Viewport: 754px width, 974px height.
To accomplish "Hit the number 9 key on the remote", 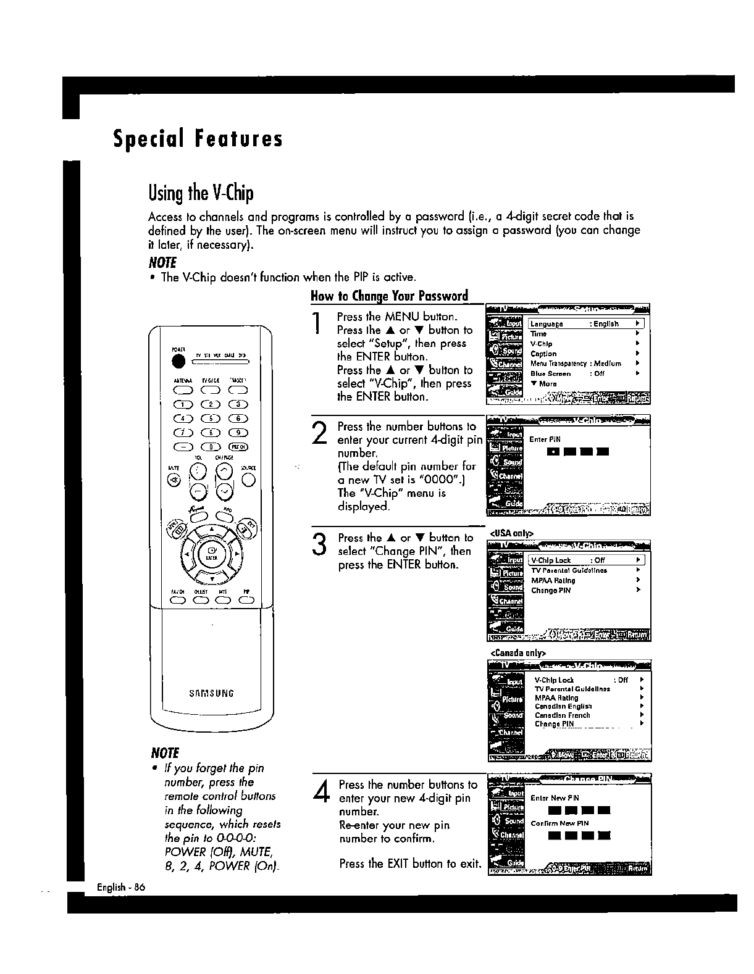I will click(x=239, y=433).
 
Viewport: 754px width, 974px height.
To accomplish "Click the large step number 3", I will click(x=319, y=544).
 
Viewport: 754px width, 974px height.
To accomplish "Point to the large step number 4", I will click(x=320, y=791).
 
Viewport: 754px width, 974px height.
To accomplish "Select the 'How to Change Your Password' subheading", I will click(x=389, y=296).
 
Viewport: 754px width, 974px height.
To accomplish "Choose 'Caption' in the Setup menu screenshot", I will click(x=543, y=354).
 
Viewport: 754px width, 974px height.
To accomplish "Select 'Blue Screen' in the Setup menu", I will click(x=550, y=373).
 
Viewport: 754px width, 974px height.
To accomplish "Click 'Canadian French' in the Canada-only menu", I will click(x=562, y=715).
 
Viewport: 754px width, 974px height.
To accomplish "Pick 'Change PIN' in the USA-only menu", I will click(x=551, y=591).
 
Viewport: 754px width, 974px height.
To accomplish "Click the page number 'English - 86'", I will click(x=120, y=887).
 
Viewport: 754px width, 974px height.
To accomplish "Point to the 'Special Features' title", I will click(x=198, y=139).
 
